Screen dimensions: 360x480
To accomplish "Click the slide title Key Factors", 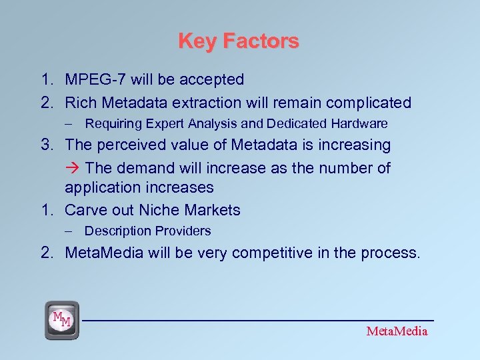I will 239,41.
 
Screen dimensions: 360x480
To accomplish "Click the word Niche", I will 161,211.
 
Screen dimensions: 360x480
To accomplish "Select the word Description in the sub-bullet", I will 118,231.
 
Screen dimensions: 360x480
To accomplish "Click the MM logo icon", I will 62,319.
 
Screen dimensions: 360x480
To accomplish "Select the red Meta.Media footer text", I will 397,331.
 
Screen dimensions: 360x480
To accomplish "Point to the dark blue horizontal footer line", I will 260,320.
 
